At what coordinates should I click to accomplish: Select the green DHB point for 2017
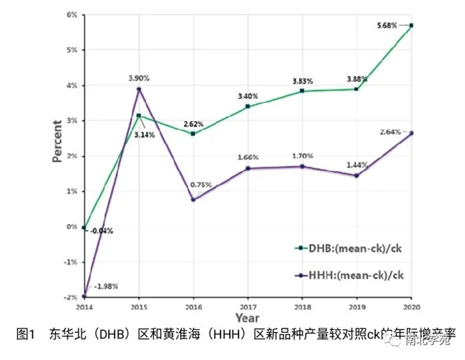[x=248, y=107]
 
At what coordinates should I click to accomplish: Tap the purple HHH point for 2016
[x=193, y=199]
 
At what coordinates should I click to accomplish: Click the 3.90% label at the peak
[x=139, y=77]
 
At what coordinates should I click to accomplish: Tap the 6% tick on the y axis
[x=72, y=15]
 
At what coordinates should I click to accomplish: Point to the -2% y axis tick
[x=71, y=297]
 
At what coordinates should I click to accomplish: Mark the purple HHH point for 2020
[x=411, y=132]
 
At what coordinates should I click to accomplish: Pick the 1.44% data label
[x=356, y=165]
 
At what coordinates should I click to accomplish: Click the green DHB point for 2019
[x=356, y=89]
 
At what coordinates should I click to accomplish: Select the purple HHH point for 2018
[x=302, y=166]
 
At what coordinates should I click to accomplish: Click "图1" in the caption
[x=26, y=333]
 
